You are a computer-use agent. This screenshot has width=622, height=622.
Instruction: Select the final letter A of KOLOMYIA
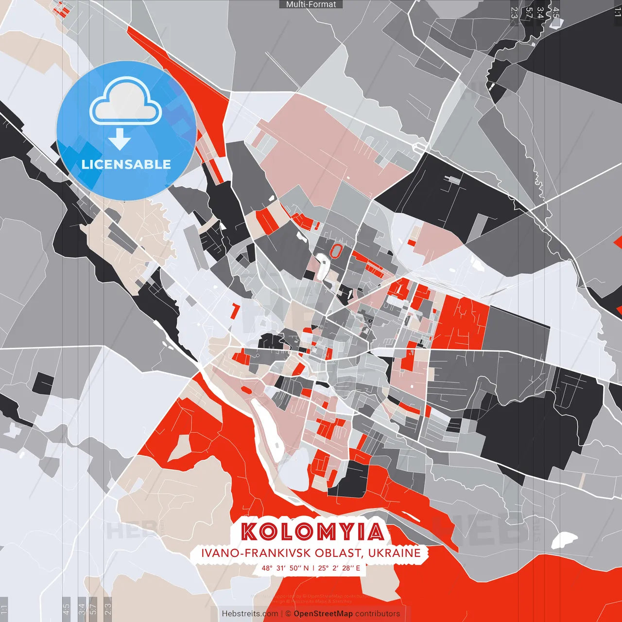pos(375,532)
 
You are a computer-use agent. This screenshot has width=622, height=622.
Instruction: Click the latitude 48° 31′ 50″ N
pos(285,568)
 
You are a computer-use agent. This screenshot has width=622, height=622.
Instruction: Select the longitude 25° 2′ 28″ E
pos(339,568)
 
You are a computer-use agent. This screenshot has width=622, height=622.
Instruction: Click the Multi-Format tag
pos(311,4)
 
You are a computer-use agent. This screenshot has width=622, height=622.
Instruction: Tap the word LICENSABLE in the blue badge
pos(126,164)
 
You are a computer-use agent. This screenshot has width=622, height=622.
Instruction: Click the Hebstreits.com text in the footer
pos(250,614)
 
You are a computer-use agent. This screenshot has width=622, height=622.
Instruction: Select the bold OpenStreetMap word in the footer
pos(323,614)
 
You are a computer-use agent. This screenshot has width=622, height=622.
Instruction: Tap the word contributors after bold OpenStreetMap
pos(378,614)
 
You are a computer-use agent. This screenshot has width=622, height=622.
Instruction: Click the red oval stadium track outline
pos(336,251)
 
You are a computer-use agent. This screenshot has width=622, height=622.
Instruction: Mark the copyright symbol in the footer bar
pos(288,614)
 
